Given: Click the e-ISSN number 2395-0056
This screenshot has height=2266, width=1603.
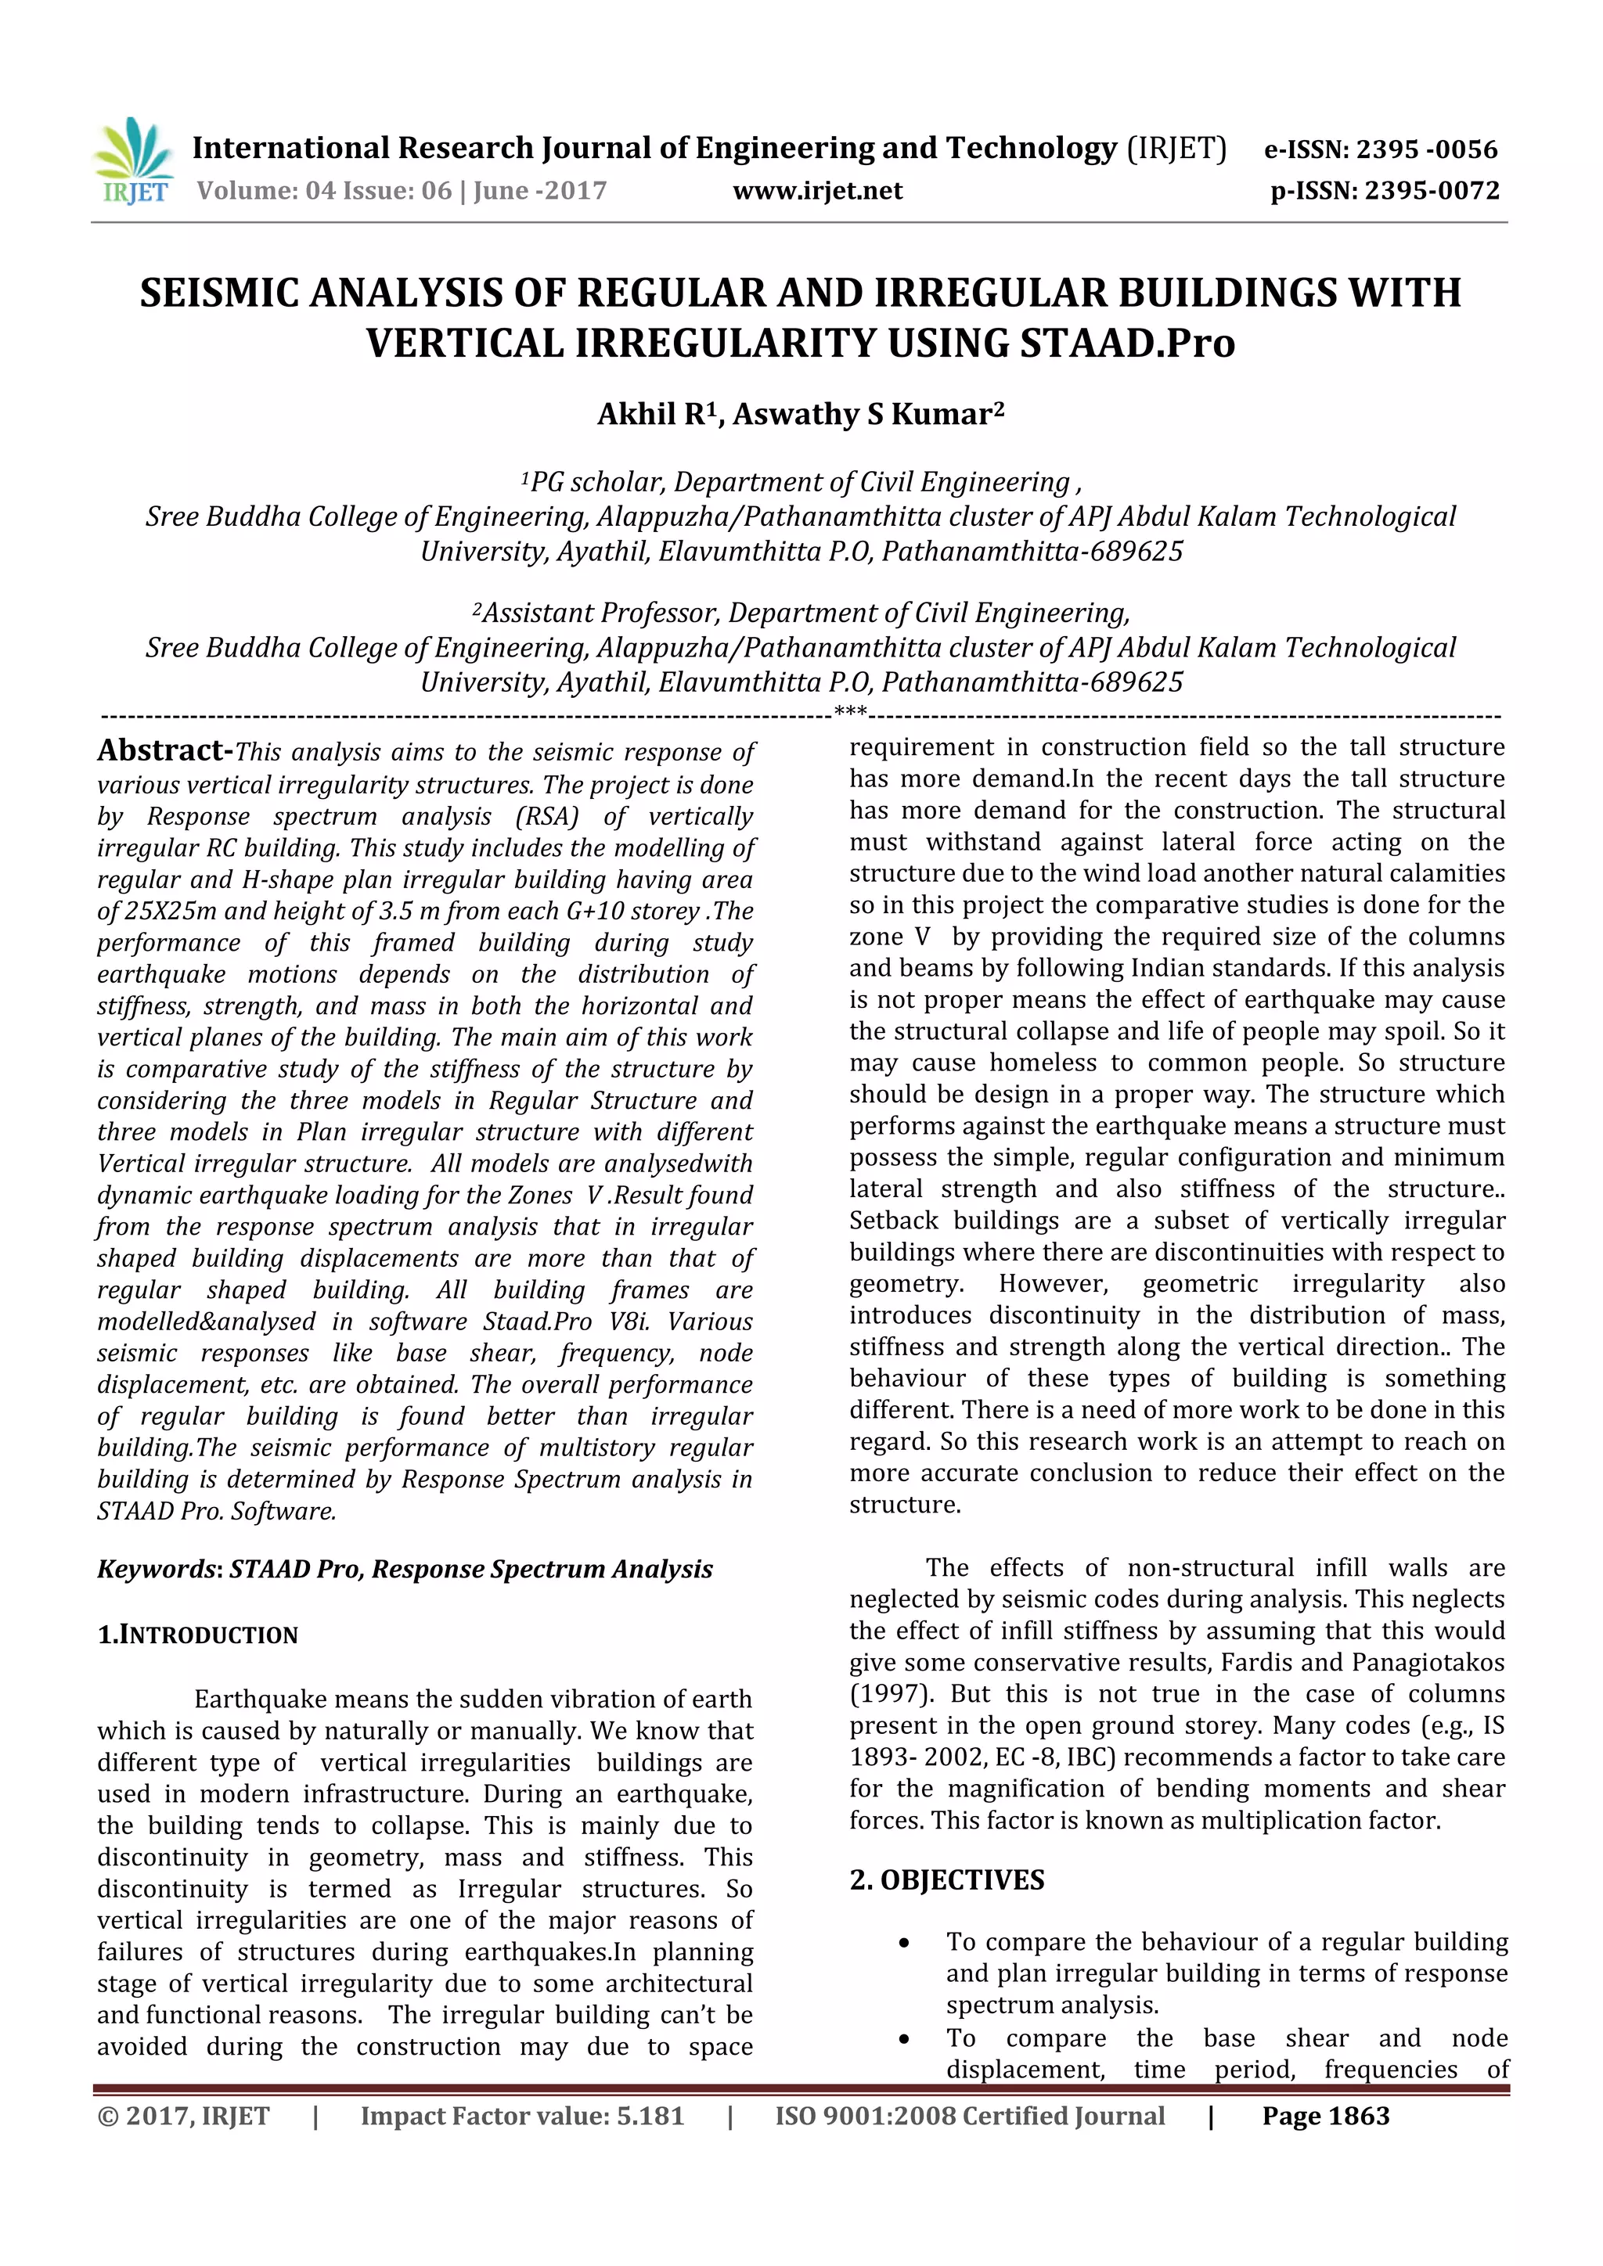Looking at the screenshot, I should coord(1426,150).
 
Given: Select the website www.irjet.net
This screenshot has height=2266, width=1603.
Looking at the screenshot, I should coord(817,190).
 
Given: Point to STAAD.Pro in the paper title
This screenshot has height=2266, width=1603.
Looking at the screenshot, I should coord(1126,343).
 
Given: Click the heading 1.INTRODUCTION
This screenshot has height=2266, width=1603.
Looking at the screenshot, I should coord(197,1635).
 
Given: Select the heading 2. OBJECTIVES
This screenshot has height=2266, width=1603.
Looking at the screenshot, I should coord(946,1880).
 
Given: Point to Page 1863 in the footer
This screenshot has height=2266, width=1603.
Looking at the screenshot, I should coord(1326,2116).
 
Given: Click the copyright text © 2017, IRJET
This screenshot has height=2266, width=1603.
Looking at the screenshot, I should coord(184,2116).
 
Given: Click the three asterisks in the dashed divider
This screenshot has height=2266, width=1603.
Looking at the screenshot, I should coord(850,711).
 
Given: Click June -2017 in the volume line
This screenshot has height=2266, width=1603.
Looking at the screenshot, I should coord(540,190).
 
